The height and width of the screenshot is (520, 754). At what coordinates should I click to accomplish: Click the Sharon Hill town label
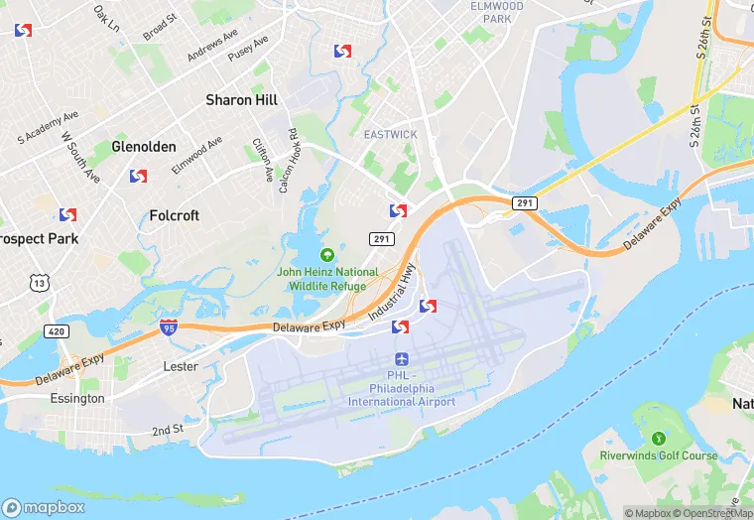click(x=241, y=100)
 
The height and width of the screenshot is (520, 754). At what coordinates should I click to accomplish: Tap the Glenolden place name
click(x=144, y=146)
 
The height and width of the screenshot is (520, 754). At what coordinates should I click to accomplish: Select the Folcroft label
click(x=174, y=214)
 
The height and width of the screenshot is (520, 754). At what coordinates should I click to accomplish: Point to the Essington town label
click(x=76, y=398)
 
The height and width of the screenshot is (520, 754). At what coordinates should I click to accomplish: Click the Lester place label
click(x=181, y=366)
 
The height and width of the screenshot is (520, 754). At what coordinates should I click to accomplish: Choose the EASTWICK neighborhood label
click(x=390, y=134)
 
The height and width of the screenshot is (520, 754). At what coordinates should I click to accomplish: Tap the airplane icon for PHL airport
click(x=402, y=358)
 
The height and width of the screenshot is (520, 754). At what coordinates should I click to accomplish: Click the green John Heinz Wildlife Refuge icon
click(x=327, y=256)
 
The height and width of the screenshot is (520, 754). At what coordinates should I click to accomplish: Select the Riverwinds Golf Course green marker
click(x=658, y=438)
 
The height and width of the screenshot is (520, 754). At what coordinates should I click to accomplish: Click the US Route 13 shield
click(x=39, y=284)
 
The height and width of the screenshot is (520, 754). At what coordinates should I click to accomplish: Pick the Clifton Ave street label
click(x=264, y=159)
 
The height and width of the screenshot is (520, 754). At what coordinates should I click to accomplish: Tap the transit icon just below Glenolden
click(x=138, y=177)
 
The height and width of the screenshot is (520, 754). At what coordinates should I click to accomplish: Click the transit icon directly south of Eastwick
click(x=398, y=210)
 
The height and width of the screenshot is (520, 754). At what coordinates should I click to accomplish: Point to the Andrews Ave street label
click(x=212, y=43)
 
